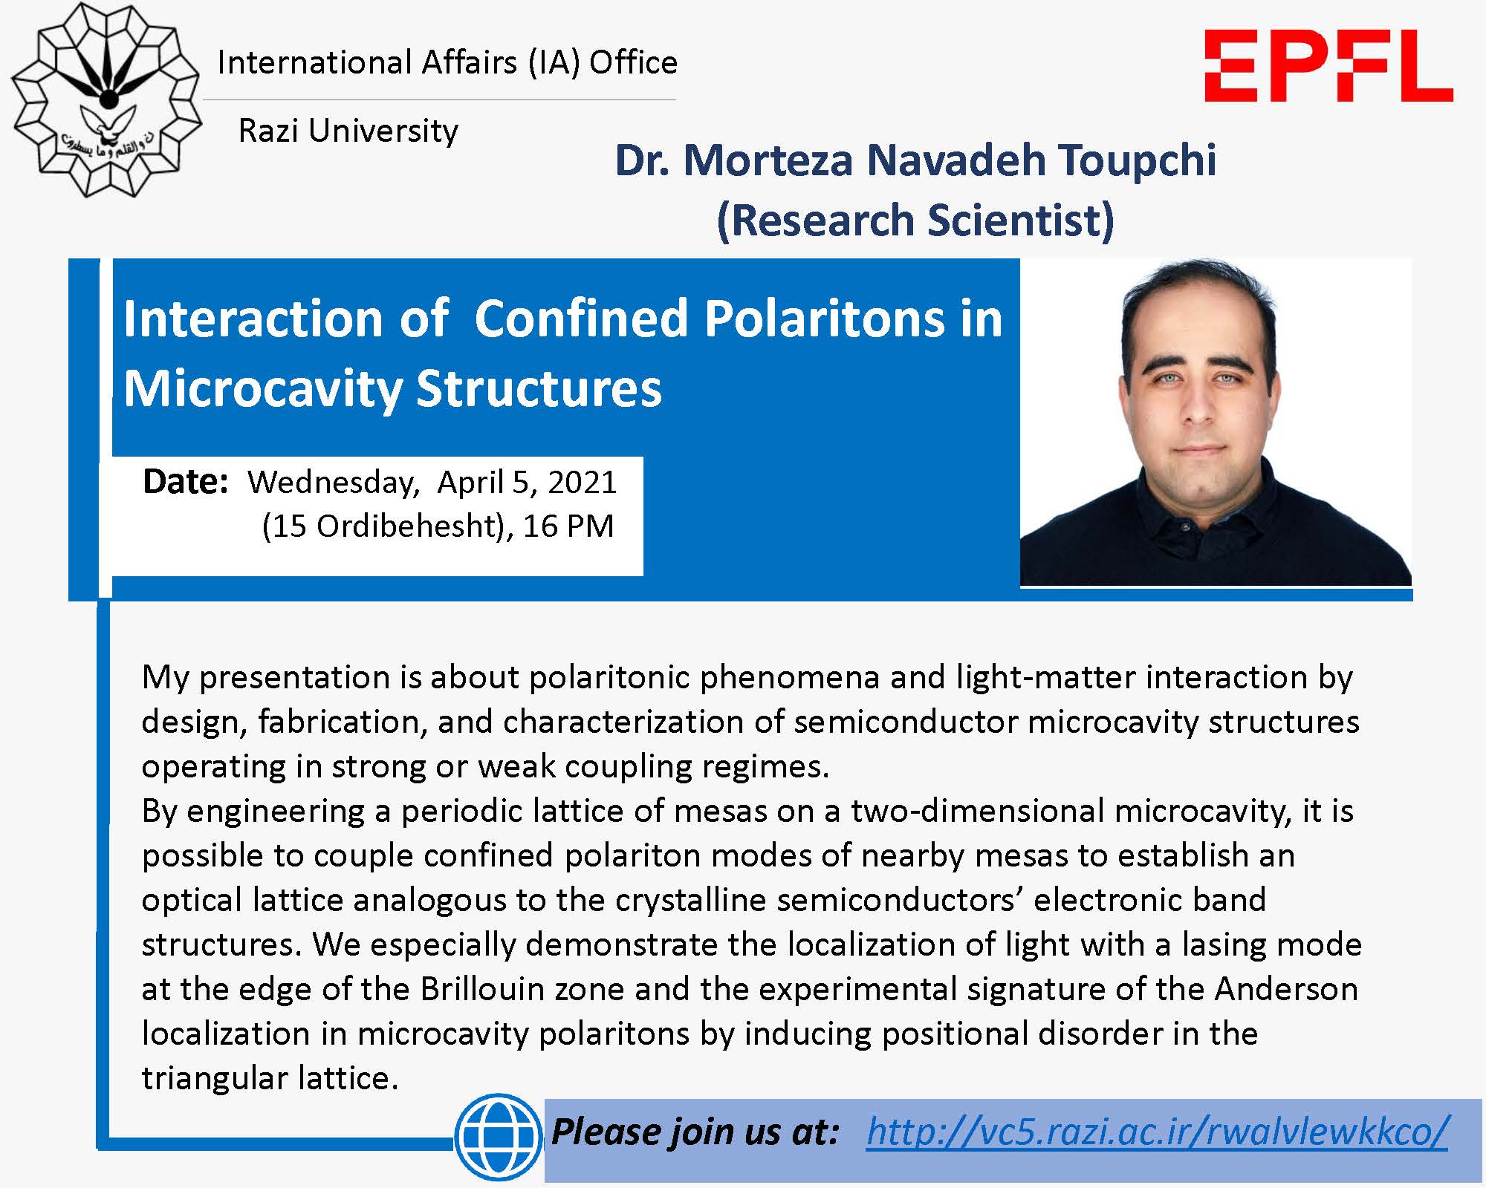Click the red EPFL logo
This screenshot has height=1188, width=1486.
coord(1328,66)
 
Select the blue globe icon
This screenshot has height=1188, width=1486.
coord(498,1136)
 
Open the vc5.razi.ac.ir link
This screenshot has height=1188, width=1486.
coord(1158,1132)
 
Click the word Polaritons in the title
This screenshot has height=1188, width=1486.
coord(824,319)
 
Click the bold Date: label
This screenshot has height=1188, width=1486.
coord(185,481)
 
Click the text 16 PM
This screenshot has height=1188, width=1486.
coord(568,526)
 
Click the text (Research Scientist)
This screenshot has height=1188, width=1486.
coord(915,221)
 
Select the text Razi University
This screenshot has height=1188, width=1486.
coord(348,131)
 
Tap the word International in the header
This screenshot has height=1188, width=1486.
coord(315,62)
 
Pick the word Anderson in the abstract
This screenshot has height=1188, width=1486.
coord(1286,989)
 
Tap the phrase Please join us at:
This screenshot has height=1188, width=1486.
coord(695,1132)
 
